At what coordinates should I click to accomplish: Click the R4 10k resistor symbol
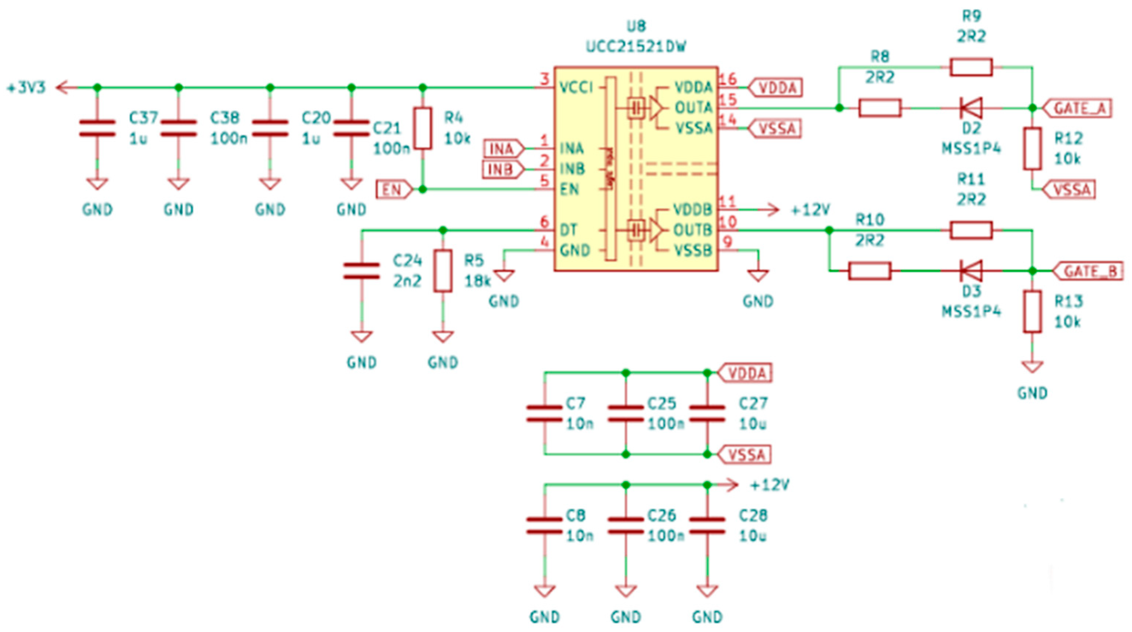423,128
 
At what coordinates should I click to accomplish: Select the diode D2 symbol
971,108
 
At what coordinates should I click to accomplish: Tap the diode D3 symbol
971,271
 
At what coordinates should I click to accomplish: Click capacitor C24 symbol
361,271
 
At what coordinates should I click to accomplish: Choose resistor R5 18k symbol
442,271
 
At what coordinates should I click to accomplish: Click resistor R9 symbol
971,67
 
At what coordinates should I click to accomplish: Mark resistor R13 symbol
1032,311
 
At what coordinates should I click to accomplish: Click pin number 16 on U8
728,80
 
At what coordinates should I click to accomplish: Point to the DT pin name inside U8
569,230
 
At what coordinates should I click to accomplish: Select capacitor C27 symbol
707,414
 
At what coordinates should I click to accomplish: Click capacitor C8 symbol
544,525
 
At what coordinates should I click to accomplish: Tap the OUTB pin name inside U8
693,230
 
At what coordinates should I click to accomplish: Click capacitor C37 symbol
97,128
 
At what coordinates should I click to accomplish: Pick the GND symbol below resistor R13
1032,367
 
